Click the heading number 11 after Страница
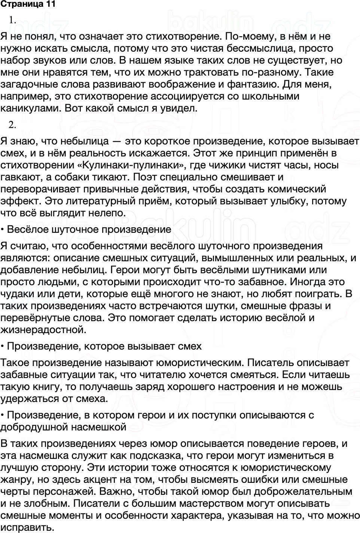[x=51, y=4]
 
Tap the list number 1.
[x=12, y=20]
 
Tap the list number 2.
[x=12, y=125]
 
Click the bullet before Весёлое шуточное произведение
[x=3, y=229]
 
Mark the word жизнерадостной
[x=43, y=330]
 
